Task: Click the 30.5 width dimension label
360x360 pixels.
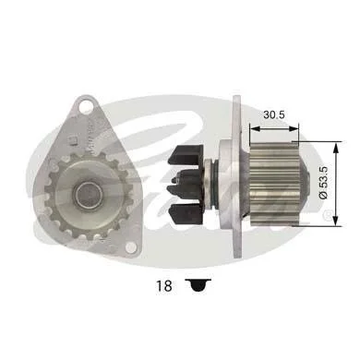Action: [x=274, y=114]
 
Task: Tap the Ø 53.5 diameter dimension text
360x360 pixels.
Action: [x=324, y=183]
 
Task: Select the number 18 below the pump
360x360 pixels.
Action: [x=164, y=286]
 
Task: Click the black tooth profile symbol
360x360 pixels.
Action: [x=198, y=285]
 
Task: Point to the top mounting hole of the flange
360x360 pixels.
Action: [x=86, y=107]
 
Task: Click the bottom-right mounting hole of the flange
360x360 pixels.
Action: [x=131, y=247]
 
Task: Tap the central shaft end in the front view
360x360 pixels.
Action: [x=90, y=195]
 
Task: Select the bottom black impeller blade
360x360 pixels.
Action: [x=186, y=214]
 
